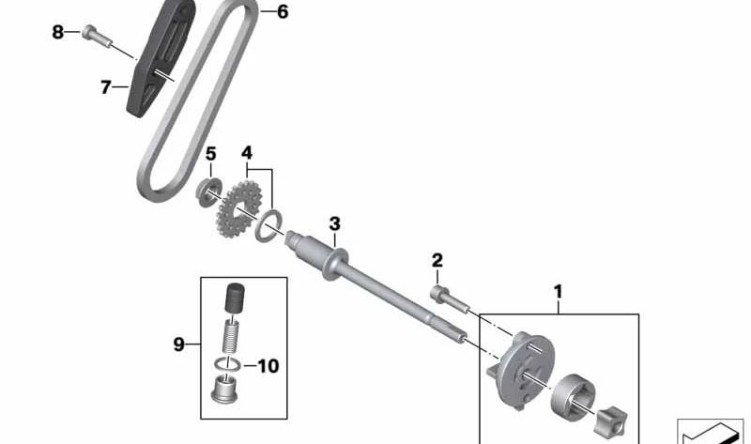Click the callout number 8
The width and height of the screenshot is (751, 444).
(57, 33)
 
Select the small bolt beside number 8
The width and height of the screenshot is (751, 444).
(97, 36)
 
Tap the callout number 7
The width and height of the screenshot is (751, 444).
(106, 87)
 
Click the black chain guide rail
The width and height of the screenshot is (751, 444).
(161, 57)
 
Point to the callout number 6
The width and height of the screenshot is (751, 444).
(283, 11)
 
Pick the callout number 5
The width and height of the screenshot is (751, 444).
(210, 154)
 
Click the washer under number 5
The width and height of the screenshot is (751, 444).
(208, 191)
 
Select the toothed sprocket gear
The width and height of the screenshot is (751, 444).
(238, 208)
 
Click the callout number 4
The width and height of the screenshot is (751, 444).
(247, 153)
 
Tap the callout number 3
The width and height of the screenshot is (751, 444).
(334, 223)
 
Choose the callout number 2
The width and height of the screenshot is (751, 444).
(437, 261)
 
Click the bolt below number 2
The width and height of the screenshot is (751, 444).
(450, 299)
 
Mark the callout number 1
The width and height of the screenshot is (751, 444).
(558, 292)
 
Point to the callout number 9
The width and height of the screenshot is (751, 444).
(178, 344)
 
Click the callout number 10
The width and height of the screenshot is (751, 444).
(268, 366)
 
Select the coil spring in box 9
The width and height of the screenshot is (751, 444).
(231, 336)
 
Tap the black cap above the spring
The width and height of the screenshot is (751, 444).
(235, 298)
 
